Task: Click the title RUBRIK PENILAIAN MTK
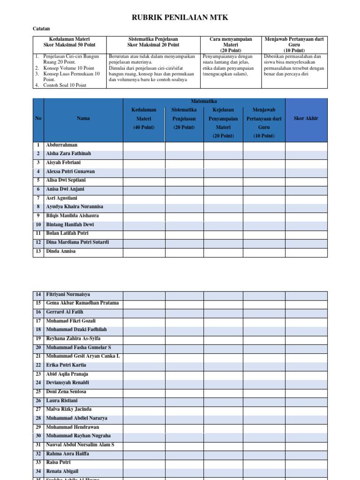pos(180,18)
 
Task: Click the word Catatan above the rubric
pos(41,29)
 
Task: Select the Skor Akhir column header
pos(306,118)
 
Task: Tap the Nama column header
pos(83,118)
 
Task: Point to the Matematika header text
pos(204,101)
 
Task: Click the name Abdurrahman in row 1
pos(62,145)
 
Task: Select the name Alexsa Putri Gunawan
pos(70,172)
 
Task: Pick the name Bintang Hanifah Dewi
pos(70,225)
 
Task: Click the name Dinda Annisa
pos(61,251)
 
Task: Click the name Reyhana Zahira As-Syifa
pos(73,338)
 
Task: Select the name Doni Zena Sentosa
pos(66,391)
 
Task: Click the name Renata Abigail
pos(62,471)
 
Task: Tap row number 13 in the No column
pos(38,251)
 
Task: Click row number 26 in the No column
pos(38,401)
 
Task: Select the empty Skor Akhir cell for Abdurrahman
pos(306,146)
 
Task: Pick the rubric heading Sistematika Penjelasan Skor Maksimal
pos(153,42)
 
